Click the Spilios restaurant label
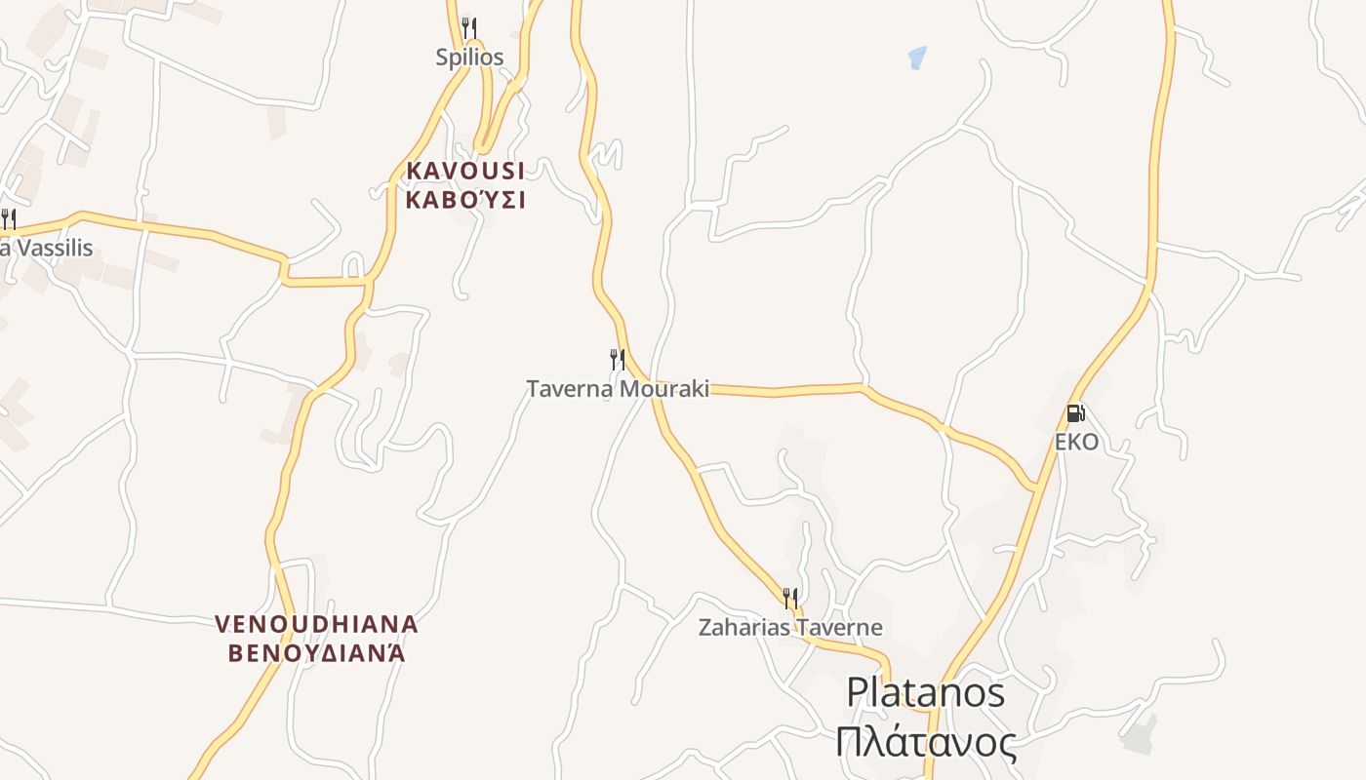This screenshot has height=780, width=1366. click(x=469, y=57)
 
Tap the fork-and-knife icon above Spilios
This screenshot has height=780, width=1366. click(x=469, y=26)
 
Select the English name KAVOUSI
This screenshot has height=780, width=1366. click(x=465, y=171)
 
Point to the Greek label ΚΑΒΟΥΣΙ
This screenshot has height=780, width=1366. click(x=465, y=201)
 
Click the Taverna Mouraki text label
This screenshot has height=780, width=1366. click(x=618, y=389)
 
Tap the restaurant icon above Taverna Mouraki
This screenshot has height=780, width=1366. click(x=618, y=359)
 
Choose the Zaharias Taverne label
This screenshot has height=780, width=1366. click(x=790, y=627)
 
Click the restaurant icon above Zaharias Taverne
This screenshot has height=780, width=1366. click(x=790, y=597)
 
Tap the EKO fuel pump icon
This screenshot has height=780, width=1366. click(x=1075, y=413)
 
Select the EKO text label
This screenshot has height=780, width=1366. click(x=1076, y=442)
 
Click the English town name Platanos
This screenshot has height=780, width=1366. click(x=925, y=692)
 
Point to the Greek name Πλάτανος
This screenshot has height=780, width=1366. click(x=925, y=742)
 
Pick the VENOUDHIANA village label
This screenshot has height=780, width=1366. click(x=316, y=623)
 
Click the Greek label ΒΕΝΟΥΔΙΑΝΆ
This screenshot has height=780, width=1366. click(x=316, y=652)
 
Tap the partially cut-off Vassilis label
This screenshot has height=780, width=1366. click(x=47, y=248)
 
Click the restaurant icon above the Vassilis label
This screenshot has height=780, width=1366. click(x=8, y=217)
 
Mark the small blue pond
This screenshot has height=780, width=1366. click(x=917, y=57)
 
